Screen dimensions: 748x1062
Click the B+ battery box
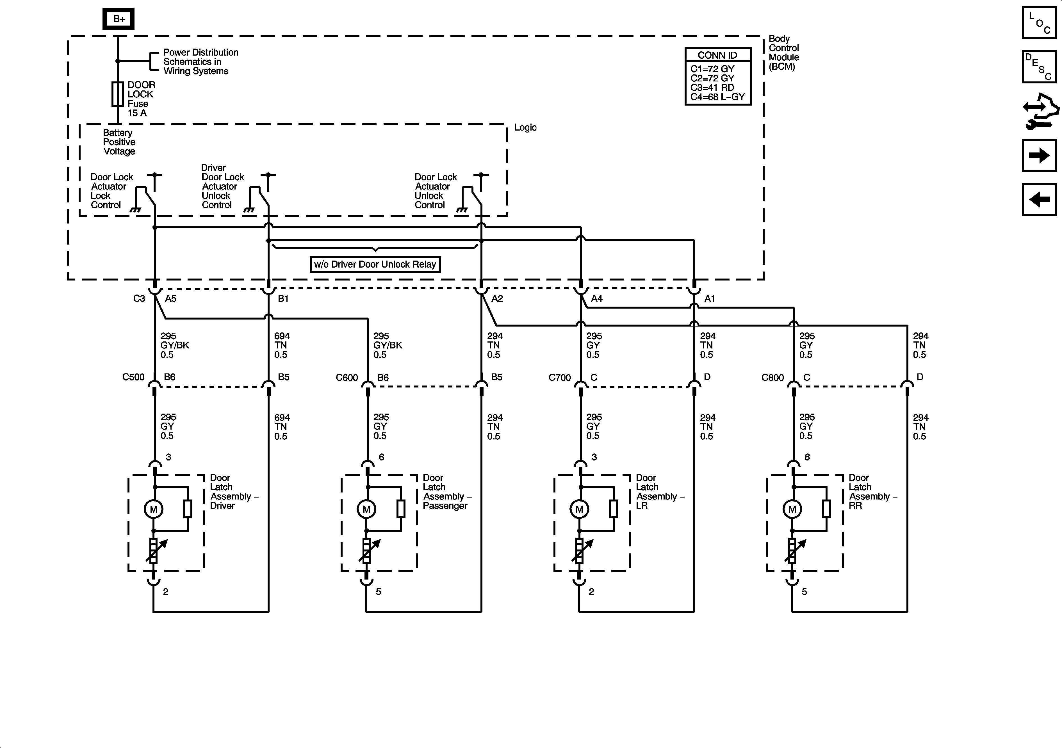pos(118,19)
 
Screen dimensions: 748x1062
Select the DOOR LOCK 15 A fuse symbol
pos(118,94)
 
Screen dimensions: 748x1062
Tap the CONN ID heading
pos(717,55)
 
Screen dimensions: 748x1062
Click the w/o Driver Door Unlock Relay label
pos(375,264)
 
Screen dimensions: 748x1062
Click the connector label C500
pos(133,377)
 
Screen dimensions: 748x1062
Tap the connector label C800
pos(772,377)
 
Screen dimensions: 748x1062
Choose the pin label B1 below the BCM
pos(283,299)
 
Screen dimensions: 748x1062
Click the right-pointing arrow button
pos(1039,156)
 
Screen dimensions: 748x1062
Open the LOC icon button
pos(1039,23)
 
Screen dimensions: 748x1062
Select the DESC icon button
pos(1039,67)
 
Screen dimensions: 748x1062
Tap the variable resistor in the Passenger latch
pos(366,551)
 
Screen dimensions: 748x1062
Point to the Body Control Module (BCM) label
pos(783,53)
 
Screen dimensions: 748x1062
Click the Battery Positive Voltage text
pos(119,142)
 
